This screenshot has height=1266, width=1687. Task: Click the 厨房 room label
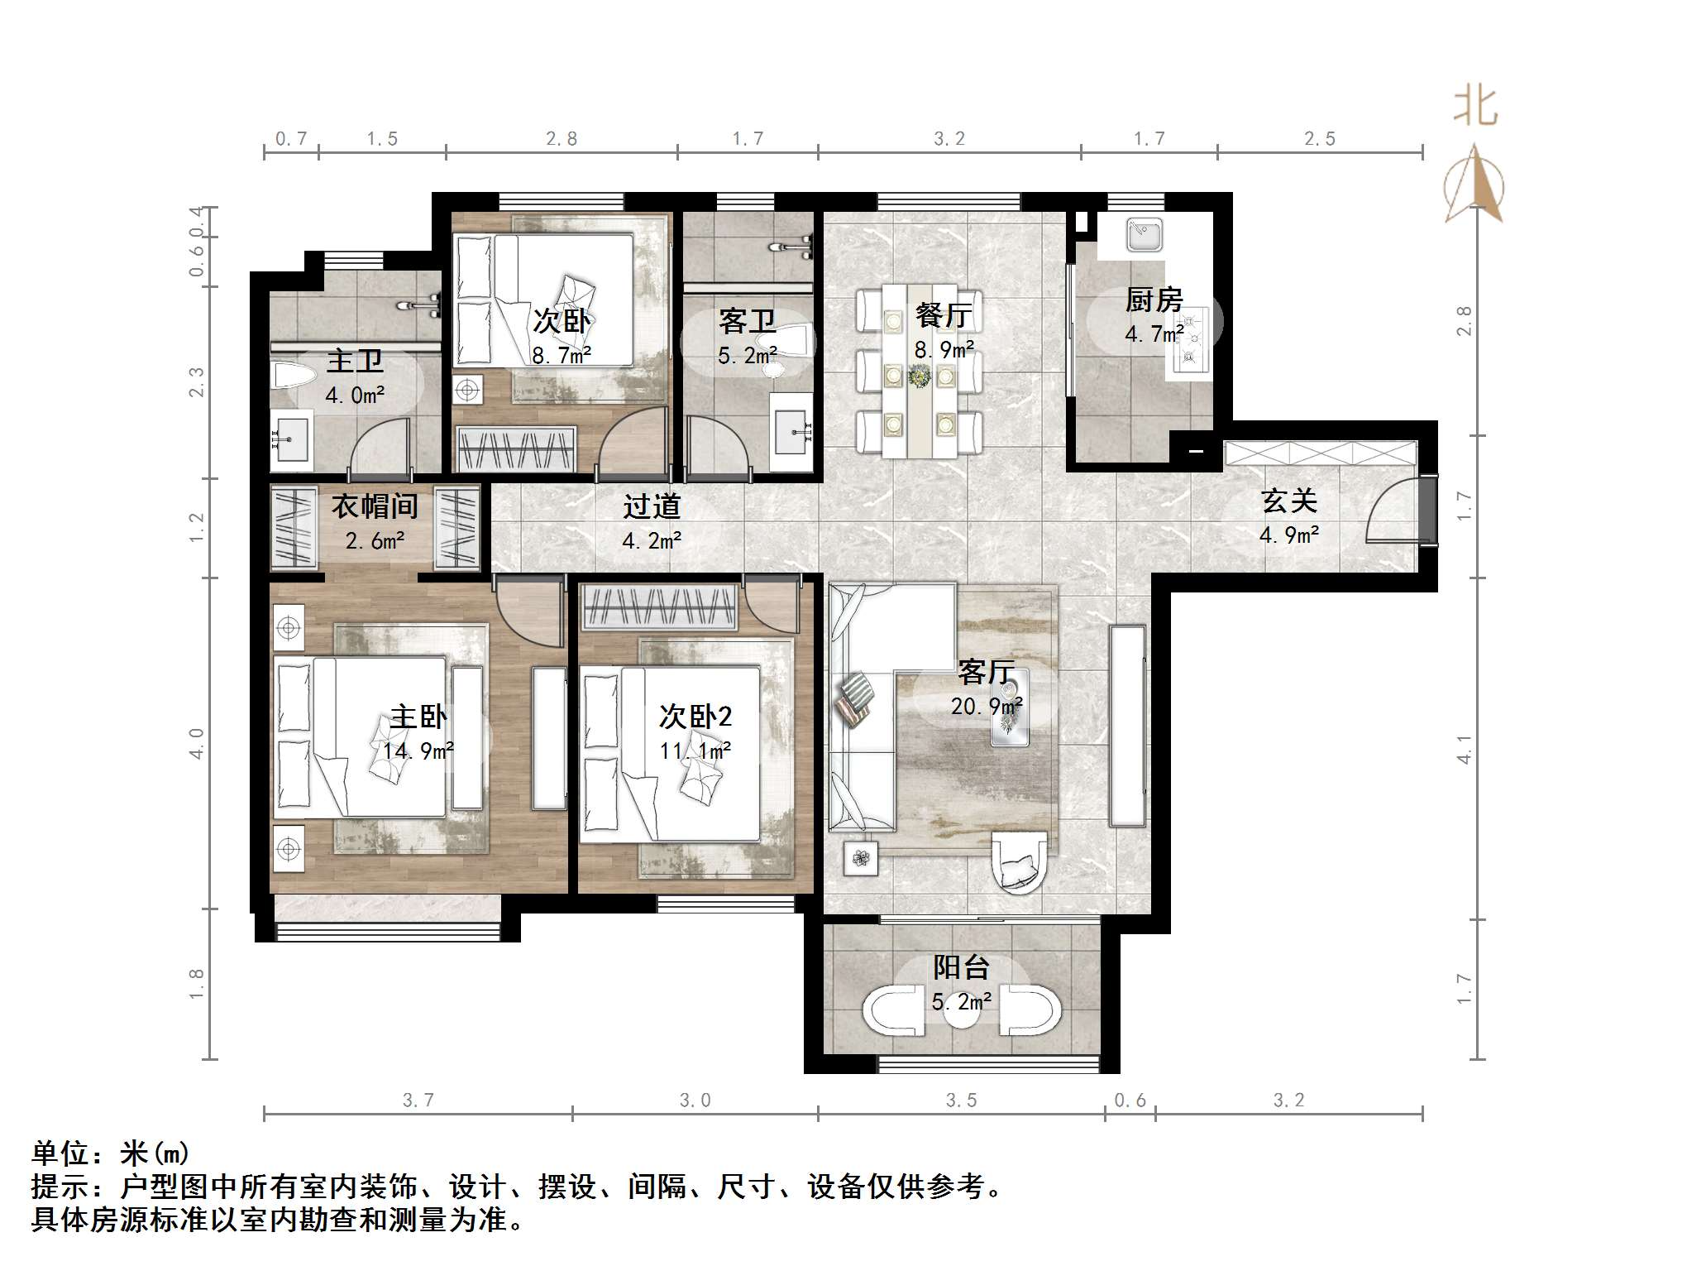pyautogui.click(x=1154, y=300)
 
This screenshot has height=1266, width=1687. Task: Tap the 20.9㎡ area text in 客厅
pyautogui.click(x=986, y=706)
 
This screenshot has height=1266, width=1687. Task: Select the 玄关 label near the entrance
pyautogui.click(x=1288, y=501)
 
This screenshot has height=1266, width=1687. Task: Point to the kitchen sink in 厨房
pyautogui.click(x=1145, y=234)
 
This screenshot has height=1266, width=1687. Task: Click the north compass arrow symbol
pyautogui.click(x=1474, y=185)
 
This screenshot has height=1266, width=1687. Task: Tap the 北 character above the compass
pyautogui.click(x=1475, y=107)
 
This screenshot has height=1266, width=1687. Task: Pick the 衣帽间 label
pyautogui.click(x=375, y=506)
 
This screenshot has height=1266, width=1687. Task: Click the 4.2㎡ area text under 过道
pyautogui.click(x=652, y=541)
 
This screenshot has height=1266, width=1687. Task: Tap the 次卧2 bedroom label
pyautogui.click(x=695, y=716)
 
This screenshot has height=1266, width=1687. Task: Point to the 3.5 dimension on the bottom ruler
pyautogui.click(x=961, y=1101)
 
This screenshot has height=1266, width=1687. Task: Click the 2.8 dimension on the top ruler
pyautogui.click(x=562, y=139)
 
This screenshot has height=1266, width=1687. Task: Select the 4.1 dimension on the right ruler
pyautogui.click(x=1465, y=748)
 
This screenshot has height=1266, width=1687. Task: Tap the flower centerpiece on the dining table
pyautogui.click(x=919, y=376)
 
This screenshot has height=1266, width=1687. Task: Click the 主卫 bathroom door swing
pyautogui.click(x=381, y=450)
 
